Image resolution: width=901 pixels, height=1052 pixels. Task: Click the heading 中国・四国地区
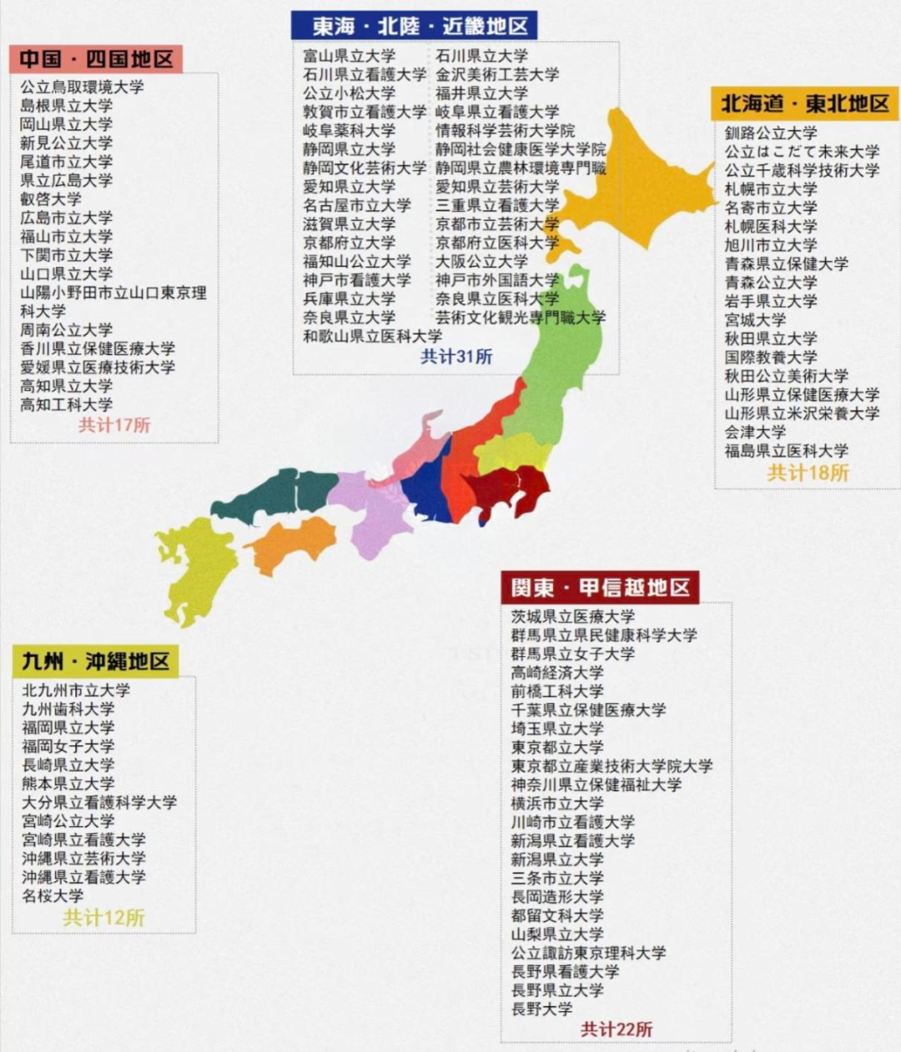96,59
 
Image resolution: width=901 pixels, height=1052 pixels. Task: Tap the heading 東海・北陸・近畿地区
414,26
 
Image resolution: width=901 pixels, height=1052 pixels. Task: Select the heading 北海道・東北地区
804,104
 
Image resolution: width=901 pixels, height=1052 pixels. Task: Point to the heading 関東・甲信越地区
600,588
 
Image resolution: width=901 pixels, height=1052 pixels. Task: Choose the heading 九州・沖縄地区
96,662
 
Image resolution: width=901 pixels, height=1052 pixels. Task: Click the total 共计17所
114,425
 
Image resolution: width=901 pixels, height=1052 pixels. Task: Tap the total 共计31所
456,357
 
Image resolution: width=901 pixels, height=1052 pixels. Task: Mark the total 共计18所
808,473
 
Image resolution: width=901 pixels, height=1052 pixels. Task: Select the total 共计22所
617,1029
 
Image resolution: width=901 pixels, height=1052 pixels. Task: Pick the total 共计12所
104,918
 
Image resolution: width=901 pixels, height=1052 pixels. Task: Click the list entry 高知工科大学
67,405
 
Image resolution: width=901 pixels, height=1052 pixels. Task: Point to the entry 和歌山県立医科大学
372,336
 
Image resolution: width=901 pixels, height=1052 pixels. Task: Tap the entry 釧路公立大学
771,133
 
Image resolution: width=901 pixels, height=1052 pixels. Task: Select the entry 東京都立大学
557,748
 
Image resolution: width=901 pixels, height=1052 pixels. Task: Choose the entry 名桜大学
53,896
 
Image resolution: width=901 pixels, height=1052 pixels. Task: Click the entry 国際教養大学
771,358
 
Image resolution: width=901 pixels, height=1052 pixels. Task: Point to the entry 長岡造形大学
557,897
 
